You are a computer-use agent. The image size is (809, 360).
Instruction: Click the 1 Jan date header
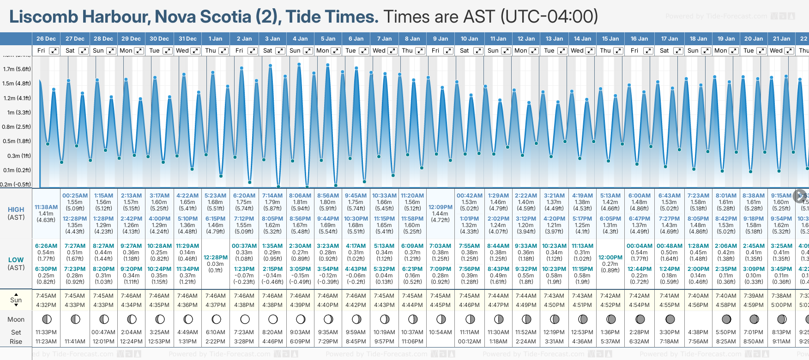click(215, 39)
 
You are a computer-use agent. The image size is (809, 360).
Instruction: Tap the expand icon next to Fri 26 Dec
click(54, 51)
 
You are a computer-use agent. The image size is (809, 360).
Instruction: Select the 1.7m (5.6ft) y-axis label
click(17, 69)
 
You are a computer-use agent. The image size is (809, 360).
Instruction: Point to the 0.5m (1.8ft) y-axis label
click(17, 141)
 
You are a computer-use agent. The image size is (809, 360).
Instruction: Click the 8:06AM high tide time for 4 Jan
click(300, 196)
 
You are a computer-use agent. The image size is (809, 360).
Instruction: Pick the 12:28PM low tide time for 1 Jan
click(216, 258)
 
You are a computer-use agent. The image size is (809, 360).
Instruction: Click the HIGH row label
click(16, 210)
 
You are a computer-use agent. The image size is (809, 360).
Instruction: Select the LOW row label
click(16, 260)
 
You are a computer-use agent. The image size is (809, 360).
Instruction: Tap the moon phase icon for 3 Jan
click(273, 319)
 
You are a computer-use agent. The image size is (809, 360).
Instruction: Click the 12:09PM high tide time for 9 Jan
click(441, 207)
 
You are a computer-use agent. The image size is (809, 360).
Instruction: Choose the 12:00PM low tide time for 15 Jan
click(610, 258)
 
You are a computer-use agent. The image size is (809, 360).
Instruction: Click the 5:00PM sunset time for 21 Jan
click(781, 305)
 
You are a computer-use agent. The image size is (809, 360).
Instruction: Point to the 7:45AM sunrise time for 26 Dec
click(46, 296)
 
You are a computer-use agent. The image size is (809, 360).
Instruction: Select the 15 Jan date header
click(610, 39)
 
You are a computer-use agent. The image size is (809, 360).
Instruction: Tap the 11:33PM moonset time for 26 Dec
click(46, 332)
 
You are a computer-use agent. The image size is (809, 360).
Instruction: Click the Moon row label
click(16, 319)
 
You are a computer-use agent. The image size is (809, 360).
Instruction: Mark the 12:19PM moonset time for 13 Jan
click(554, 332)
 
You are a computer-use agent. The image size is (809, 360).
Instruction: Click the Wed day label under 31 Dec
click(182, 51)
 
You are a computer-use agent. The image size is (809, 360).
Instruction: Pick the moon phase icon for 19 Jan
click(726, 319)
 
